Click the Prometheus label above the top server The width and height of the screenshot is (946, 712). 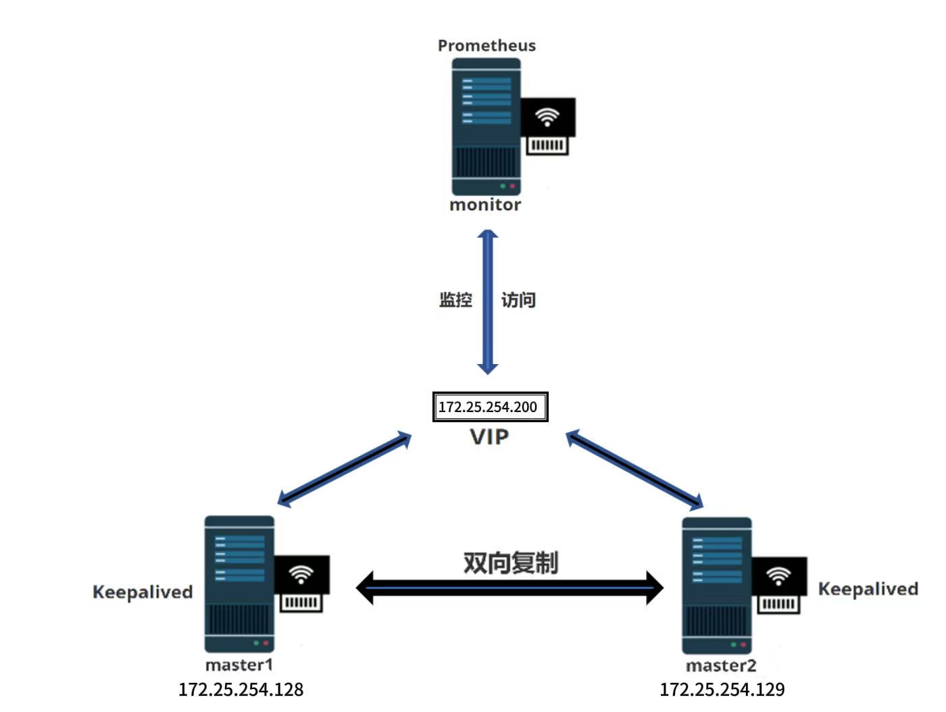pos(487,45)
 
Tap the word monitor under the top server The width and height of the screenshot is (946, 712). pos(485,205)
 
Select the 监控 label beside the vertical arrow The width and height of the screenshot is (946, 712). pos(455,300)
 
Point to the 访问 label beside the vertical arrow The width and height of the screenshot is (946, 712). pos(518,300)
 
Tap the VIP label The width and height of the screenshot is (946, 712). pos(489,437)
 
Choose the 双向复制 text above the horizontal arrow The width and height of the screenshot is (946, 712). pos(510,562)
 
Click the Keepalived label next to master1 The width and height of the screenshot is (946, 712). pos(143,592)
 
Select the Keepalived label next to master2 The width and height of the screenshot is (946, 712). pos(868,589)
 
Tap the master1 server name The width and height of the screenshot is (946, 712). pos(239,665)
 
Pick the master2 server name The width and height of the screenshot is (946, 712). pos(721,666)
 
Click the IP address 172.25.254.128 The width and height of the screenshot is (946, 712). pos(241,690)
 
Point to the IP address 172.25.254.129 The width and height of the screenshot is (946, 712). pos(722,690)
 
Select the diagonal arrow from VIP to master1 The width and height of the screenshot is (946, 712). pos(345,469)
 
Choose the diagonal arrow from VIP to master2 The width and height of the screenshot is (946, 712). pos(634,469)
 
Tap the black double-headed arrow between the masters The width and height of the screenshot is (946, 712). pos(509,588)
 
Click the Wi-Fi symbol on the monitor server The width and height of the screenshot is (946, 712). pos(547,117)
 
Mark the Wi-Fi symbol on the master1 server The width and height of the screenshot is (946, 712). pos(301,574)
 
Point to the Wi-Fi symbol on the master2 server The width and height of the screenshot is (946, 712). pos(779,576)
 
